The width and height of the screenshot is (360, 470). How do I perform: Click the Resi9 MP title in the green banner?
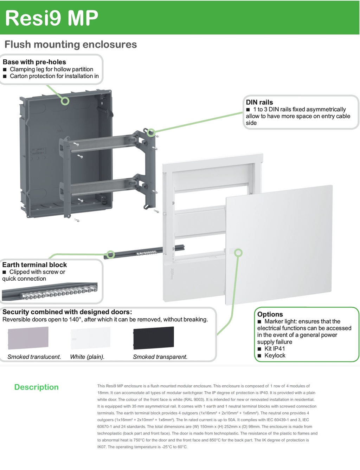pyautogui.click(x=52, y=18)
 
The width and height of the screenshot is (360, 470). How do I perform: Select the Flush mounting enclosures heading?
pyautogui.click(x=71, y=45)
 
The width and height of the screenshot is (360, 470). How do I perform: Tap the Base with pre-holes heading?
pyautogui.click(x=34, y=62)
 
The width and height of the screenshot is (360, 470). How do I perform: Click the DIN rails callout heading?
pyautogui.click(x=259, y=102)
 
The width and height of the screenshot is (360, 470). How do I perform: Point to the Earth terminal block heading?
pyautogui.click(x=34, y=265)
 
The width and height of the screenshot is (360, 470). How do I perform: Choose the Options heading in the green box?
pyautogui.click(x=270, y=314)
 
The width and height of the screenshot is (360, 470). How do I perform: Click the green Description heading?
pyautogui.click(x=36, y=387)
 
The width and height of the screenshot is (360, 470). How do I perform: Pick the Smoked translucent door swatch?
pyautogui.click(x=28, y=338)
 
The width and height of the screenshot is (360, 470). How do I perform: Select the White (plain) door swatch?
pyautogui.click(x=90, y=338)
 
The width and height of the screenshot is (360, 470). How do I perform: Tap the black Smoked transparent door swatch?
pyautogui.click(x=153, y=338)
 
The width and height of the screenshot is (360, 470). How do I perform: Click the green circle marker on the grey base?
pyautogui.click(x=65, y=101)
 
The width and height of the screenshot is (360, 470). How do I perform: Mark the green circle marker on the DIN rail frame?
pyautogui.click(x=151, y=132)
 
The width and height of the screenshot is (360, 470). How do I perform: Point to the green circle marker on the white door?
pyautogui.click(x=238, y=253)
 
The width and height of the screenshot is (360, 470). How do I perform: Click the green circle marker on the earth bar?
pyautogui.click(x=111, y=254)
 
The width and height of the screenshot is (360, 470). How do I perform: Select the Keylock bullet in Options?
pyautogui.click(x=275, y=355)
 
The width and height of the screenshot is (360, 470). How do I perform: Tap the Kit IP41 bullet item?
pyautogui.click(x=275, y=348)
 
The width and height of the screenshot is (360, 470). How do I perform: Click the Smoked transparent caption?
pyautogui.click(x=160, y=357)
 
